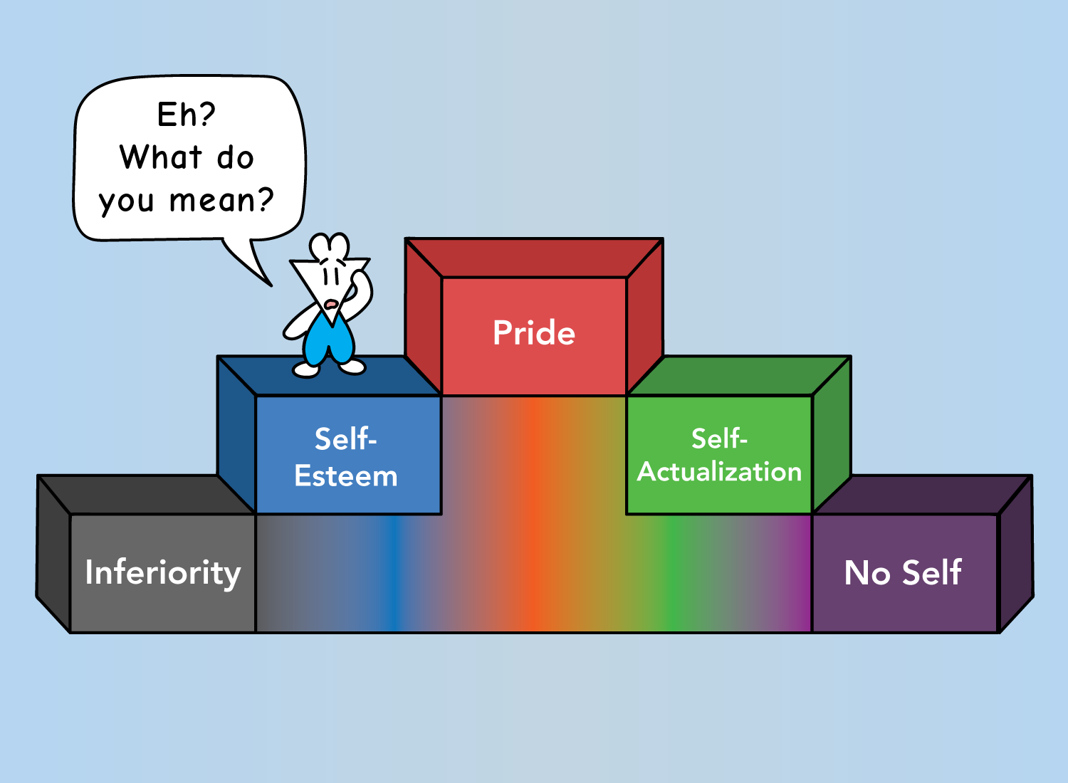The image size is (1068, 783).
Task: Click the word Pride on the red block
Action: (534, 332)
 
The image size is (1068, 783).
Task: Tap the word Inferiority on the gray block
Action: (163, 573)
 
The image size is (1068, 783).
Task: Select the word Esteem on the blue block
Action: (346, 475)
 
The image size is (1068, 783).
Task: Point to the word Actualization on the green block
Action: (719, 472)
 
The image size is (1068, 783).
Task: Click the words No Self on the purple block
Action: (903, 572)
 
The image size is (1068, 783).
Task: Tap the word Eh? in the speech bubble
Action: (187, 115)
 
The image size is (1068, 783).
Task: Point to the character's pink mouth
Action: (331, 303)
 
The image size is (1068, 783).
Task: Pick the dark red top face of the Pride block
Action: (534, 258)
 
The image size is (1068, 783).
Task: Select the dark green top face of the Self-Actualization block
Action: (739, 376)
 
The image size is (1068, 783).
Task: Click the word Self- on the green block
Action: (719, 438)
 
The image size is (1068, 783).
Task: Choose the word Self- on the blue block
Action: (345, 439)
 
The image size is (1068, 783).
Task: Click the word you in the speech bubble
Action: (126, 202)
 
